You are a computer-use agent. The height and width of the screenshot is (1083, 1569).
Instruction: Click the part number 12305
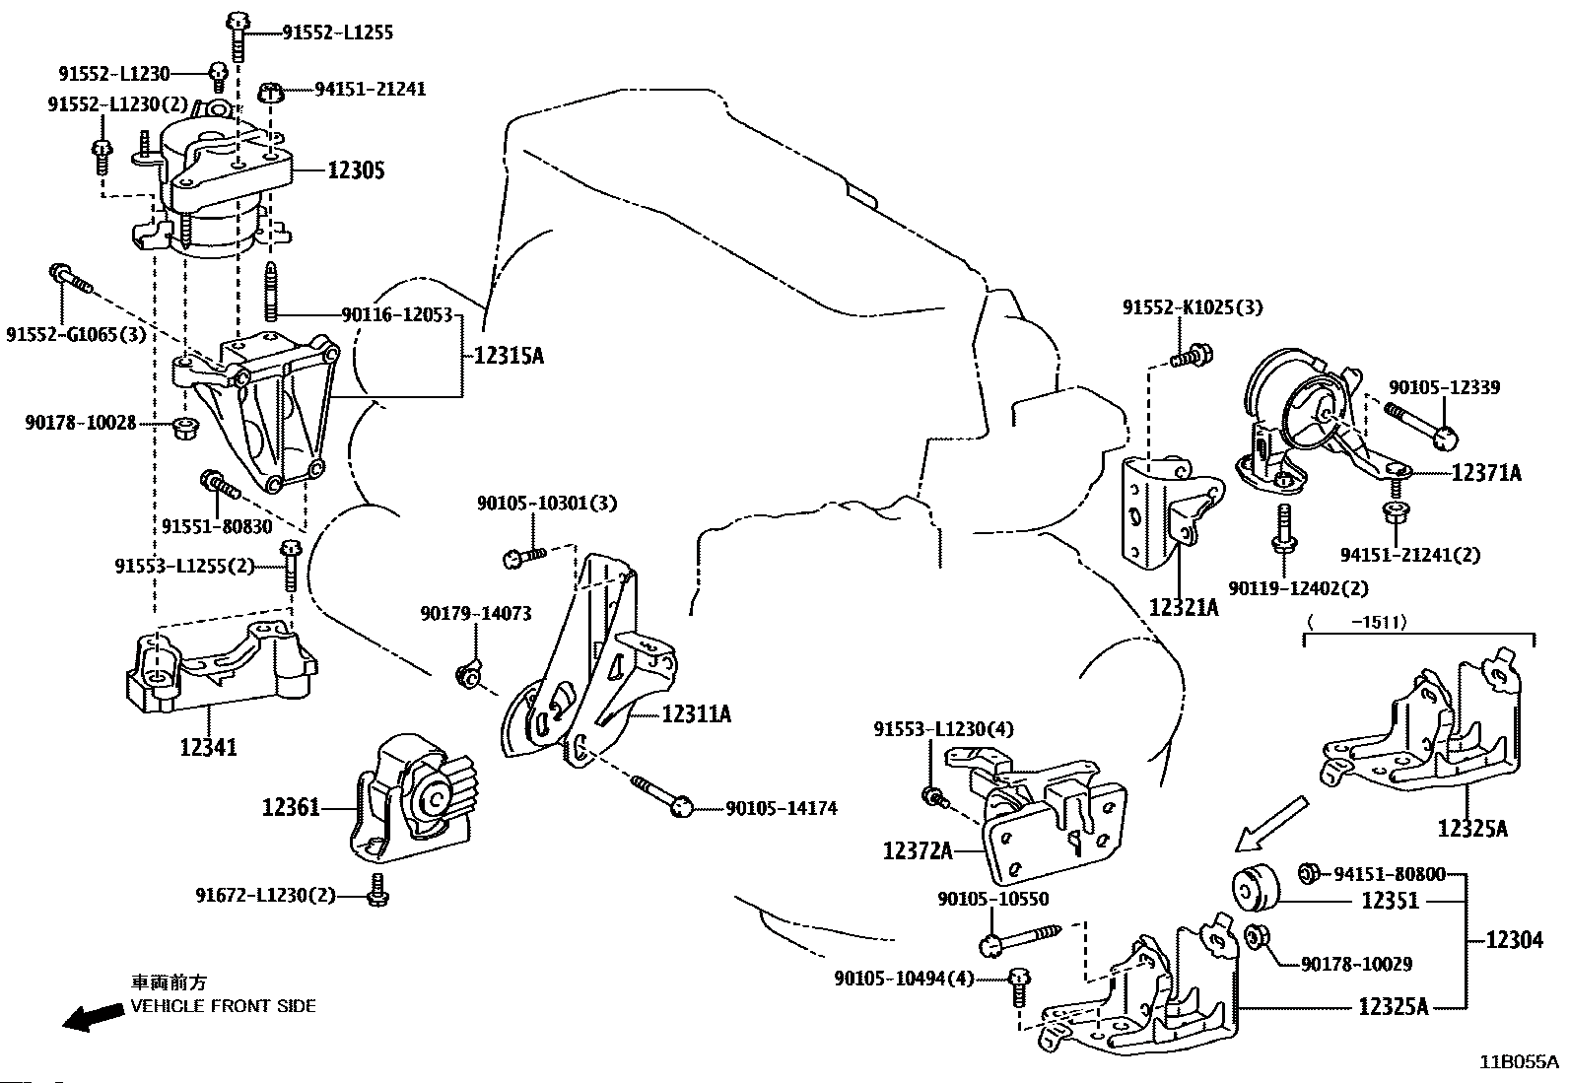[x=356, y=170]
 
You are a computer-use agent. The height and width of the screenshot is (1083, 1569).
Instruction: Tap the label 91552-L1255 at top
[x=337, y=33]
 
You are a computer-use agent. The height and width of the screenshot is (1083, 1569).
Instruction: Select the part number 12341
[x=208, y=747]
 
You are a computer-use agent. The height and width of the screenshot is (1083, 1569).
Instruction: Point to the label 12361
[x=291, y=808]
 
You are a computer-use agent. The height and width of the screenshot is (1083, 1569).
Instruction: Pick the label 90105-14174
[x=781, y=809]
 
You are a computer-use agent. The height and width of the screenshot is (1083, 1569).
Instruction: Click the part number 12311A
[x=696, y=713]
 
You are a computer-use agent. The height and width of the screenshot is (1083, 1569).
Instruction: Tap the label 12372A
[x=918, y=849]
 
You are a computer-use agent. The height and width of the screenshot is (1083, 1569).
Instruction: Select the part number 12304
[x=1514, y=940]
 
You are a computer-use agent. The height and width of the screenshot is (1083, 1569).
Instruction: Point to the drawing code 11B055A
[x=1518, y=1062]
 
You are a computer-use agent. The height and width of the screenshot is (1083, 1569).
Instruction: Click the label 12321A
[x=1183, y=607]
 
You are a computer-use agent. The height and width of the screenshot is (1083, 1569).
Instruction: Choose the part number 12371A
[x=1485, y=473]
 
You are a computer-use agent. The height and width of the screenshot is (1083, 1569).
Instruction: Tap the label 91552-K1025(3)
[x=1192, y=307]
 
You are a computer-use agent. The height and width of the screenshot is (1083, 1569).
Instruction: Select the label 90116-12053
[x=396, y=315]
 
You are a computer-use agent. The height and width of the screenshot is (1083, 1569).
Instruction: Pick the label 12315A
[x=508, y=355]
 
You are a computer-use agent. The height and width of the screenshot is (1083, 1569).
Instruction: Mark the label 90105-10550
[x=992, y=899]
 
